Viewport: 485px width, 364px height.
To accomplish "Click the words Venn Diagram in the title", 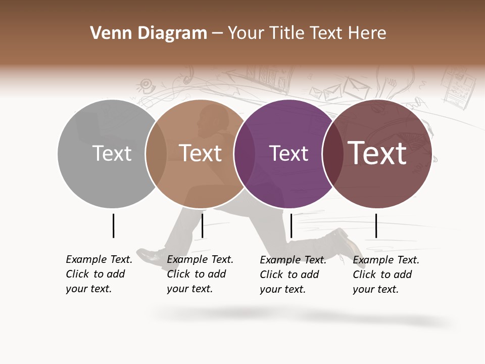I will (x=149, y=33).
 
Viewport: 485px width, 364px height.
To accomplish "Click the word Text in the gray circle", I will (x=112, y=153).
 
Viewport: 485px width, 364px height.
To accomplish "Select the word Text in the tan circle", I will (x=201, y=153).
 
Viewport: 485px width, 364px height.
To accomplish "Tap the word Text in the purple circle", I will (x=288, y=153).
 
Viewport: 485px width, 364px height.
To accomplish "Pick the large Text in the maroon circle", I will (x=377, y=153).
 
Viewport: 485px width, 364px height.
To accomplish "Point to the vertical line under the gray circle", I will (x=113, y=225).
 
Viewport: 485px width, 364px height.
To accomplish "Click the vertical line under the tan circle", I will (x=202, y=225).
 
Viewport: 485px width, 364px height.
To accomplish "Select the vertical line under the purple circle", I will (x=291, y=225).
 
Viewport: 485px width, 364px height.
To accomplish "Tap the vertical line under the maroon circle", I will (x=376, y=225).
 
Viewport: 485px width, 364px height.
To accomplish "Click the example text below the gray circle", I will (x=99, y=274).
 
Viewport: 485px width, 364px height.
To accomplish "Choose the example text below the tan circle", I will (x=200, y=274).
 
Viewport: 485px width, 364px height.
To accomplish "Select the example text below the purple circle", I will (x=293, y=275).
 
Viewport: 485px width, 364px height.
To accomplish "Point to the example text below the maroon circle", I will (x=385, y=275).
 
